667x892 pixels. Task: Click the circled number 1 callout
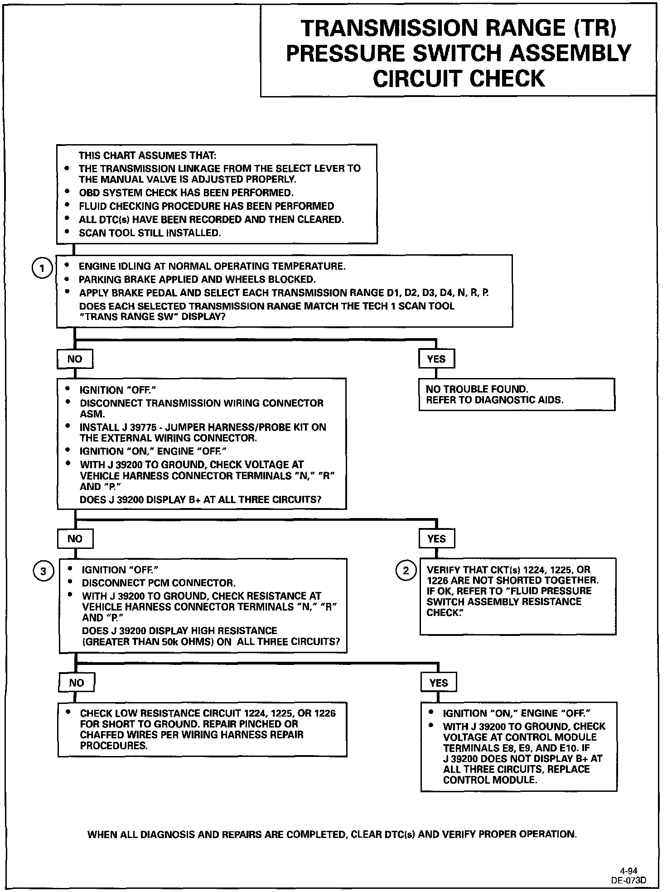pos(42,268)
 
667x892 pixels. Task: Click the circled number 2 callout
pos(406,571)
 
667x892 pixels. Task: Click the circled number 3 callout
pos(43,572)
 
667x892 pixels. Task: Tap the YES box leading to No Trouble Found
pos(436,359)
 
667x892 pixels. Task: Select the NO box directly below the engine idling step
pos(75,359)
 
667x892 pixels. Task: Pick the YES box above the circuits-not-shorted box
pos(436,539)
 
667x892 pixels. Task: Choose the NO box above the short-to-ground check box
pos(76,683)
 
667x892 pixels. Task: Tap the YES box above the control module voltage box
pos(438,683)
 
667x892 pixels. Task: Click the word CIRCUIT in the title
pos(418,78)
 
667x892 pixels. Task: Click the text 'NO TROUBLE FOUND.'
pos(477,389)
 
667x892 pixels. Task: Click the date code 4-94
pos(629,870)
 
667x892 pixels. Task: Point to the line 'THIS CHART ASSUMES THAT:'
pos(147,155)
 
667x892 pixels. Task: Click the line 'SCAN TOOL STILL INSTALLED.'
pos(150,233)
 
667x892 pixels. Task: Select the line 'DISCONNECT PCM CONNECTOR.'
pos(159,583)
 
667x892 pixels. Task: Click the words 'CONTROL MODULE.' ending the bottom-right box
pos(490,780)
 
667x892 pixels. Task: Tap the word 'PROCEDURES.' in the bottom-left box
pos(114,746)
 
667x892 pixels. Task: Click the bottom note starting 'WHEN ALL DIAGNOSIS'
pos(332,834)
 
